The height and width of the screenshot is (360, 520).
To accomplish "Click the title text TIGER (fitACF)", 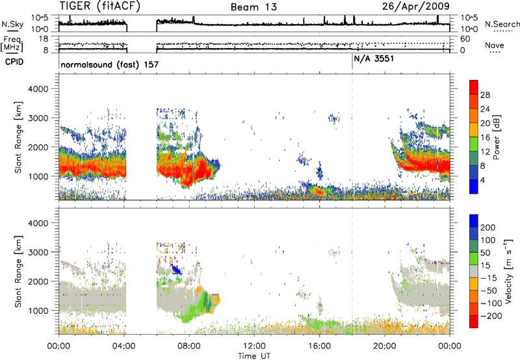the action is [100, 6].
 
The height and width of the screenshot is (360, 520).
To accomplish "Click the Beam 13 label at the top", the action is [253, 7].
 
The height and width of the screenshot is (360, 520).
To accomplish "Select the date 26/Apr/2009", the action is [416, 6].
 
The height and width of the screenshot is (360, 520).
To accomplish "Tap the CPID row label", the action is [14, 62].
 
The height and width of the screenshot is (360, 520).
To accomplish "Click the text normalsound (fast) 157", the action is [110, 64].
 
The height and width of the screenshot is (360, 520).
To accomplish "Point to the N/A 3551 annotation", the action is [374, 58].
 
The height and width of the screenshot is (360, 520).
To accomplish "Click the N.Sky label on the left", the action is [12, 24].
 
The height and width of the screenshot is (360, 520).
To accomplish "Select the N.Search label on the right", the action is [502, 24].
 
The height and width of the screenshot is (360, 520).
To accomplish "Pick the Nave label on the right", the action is [495, 45].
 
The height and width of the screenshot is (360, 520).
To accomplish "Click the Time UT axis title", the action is [254, 356].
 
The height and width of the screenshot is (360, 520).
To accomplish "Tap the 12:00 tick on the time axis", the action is [254, 346].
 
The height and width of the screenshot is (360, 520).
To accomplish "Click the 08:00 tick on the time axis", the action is [189, 346].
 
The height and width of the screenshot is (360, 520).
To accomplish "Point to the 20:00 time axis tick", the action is [385, 346].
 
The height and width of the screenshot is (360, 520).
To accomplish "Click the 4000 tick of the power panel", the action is [38, 89].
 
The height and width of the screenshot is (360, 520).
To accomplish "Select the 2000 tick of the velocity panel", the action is [38, 281].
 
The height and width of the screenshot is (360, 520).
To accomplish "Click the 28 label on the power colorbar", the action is [485, 95].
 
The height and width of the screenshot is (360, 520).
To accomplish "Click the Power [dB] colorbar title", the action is [497, 137].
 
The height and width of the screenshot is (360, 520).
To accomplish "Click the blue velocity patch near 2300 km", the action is [175, 268].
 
